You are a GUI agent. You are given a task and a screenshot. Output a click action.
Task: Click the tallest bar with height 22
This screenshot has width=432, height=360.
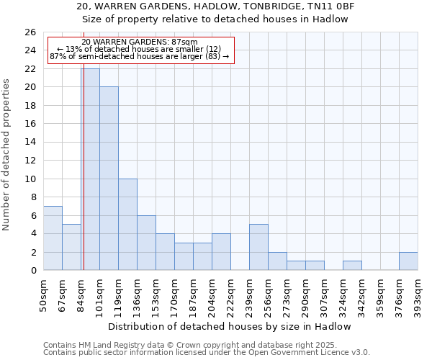coord(90,169)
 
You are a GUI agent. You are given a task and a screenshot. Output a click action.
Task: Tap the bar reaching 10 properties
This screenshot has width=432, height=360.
coord(127,224)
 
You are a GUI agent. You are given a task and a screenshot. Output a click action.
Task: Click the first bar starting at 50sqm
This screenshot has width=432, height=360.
coord(53,238)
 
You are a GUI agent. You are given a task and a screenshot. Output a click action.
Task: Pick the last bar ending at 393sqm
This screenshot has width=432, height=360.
coord(408,261)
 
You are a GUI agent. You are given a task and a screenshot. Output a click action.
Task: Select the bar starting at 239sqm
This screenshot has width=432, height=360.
coord(258,247)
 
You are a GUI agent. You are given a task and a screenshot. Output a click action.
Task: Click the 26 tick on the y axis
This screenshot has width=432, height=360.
coord(30,32)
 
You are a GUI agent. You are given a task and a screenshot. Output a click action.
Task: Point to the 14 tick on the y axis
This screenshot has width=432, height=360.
coord(30,142)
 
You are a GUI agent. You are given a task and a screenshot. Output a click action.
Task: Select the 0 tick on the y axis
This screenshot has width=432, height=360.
coord(33,270)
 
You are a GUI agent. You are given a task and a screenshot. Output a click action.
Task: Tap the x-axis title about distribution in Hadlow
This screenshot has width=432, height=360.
coord(230,326)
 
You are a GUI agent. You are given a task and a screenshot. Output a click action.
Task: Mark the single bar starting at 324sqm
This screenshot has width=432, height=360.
coord(352,265)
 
